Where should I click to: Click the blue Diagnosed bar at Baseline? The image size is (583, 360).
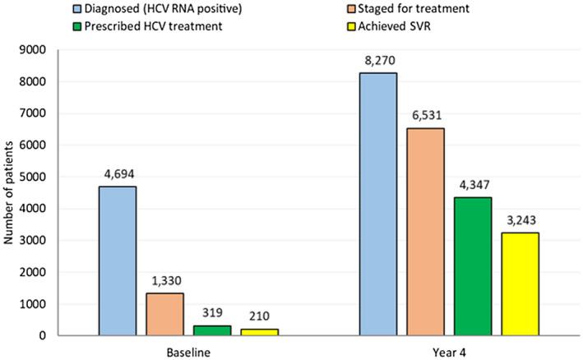click(x=118, y=261)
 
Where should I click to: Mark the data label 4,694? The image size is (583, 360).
click(x=118, y=174)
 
